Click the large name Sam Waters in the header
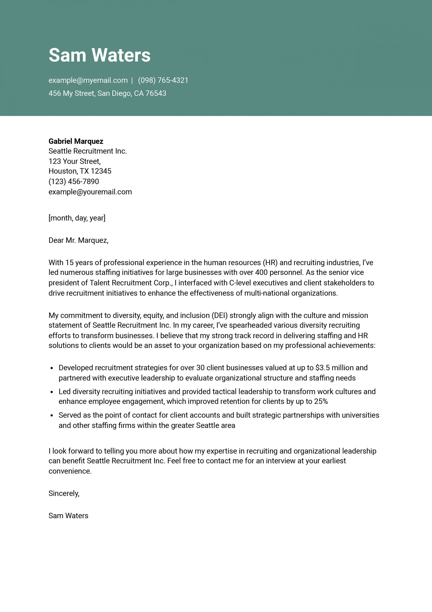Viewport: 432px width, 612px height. [100, 55]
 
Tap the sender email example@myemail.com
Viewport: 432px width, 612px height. [88, 80]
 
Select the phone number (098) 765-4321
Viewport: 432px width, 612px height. [163, 80]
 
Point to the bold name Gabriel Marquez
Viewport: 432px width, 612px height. [76, 141]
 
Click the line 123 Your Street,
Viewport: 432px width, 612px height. [74, 161]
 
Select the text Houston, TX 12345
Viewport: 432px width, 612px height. [80, 171]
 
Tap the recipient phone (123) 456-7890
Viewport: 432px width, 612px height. [74, 181]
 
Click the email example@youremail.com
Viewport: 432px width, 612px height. [90, 192]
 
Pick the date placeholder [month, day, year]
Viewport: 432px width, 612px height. [77, 218]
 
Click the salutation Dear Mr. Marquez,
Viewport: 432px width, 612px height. [78, 240]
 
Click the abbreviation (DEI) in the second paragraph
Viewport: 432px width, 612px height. [220, 315]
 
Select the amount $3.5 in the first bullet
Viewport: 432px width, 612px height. [322, 368]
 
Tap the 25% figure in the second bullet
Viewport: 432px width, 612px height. [321, 401]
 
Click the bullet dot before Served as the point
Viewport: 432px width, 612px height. [52, 415]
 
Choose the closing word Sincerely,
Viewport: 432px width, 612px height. [64, 493]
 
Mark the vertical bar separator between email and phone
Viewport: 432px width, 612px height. [132, 80]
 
